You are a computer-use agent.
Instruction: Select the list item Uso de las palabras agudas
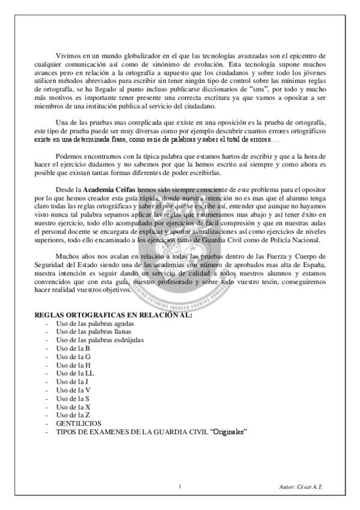94,324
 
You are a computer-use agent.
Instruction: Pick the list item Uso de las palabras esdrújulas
98,340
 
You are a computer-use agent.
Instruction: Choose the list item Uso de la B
73,348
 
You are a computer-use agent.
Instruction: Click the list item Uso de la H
73,364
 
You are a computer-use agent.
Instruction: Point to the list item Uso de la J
72,381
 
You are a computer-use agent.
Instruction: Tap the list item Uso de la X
73,407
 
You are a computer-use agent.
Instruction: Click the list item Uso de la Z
73,415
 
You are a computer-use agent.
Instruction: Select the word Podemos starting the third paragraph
75,156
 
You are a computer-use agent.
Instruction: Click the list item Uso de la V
73,390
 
